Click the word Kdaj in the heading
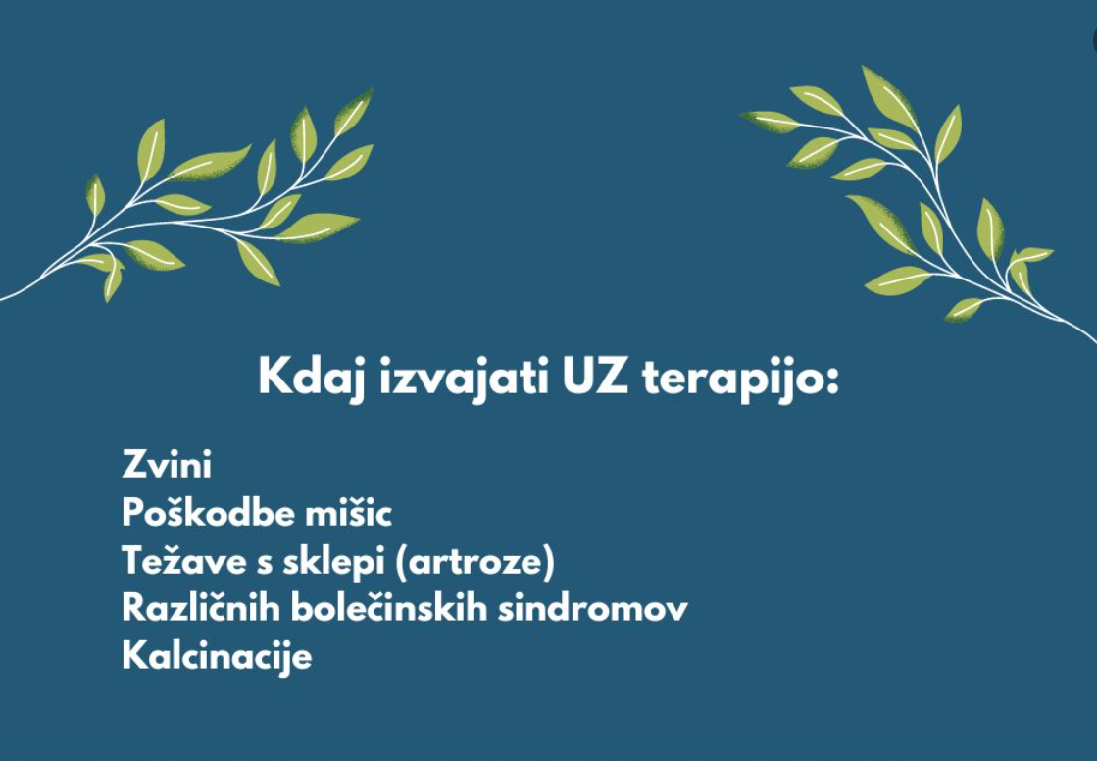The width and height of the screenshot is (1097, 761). pyautogui.click(x=312, y=379)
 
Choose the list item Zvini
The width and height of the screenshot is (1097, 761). pyautogui.click(x=167, y=464)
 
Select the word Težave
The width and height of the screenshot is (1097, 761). pyautogui.click(x=184, y=560)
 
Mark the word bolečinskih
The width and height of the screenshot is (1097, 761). pyautogui.click(x=389, y=607)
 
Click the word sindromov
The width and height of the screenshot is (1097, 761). pyautogui.click(x=593, y=608)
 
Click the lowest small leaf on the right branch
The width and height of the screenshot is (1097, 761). pyautogui.click(x=964, y=310)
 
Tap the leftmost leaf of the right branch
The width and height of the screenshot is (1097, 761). pyautogui.click(x=770, y=122)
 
